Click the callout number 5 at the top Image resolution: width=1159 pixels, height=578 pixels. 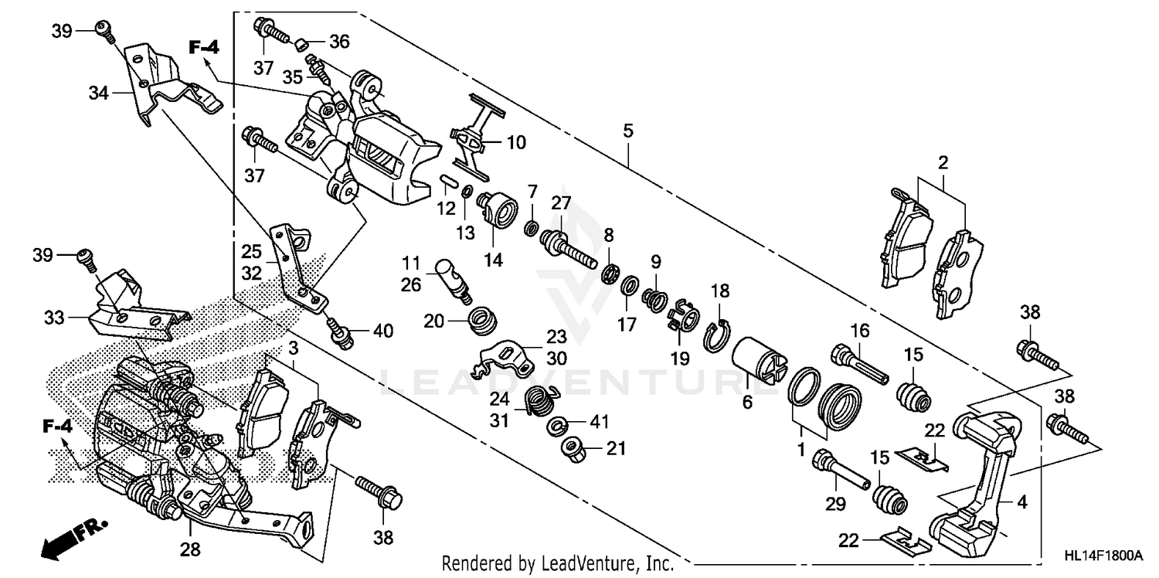point(628,131)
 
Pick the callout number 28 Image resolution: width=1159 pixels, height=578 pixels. point(190,550)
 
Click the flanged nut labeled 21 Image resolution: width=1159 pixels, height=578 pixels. point(574,446)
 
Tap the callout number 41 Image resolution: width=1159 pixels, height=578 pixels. point(600,422)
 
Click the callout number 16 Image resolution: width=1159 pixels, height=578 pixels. point(859,331)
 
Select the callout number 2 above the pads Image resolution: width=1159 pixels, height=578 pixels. point(943,162)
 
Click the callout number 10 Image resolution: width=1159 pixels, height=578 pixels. point(515,142)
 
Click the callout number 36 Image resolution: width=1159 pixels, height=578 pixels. point(339,41)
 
